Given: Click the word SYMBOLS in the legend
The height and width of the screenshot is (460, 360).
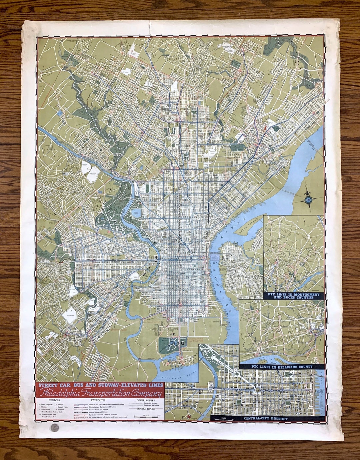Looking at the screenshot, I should pyautogui.click(x=54, y=400).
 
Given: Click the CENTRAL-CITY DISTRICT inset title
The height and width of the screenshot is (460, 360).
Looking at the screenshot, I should pyautogui.click(x=265, y=418).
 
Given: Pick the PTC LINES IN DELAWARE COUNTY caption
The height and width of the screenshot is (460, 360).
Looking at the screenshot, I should pyautogui.click(x=282, y=367).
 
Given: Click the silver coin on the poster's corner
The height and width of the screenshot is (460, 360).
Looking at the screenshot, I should pyautogui.click(x=55, y=428).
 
